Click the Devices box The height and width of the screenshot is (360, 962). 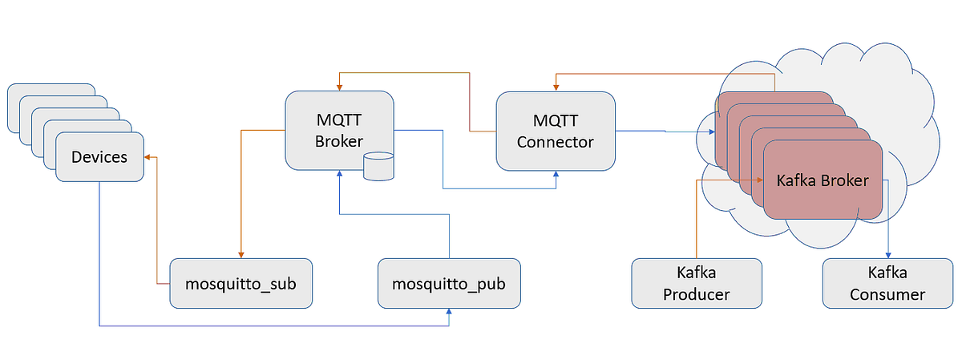99,157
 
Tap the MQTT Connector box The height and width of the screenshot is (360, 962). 556,131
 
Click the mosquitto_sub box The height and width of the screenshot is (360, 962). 240,283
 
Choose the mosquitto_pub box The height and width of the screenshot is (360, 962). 448,283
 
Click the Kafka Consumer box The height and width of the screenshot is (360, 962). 887,283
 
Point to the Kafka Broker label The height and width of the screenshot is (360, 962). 823,180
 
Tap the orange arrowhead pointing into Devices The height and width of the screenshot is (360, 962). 149,157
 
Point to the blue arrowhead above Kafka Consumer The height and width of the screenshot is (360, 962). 887,254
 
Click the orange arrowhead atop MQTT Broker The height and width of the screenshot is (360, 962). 339,86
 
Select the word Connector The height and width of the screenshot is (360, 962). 556,142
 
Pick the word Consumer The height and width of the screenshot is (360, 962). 887,294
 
